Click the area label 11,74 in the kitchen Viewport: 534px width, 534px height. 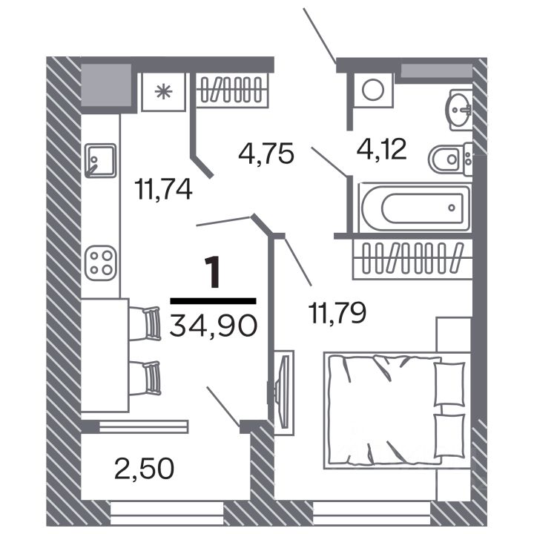click(x=164, y=189)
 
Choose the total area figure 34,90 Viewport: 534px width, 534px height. click(x=214, y=325)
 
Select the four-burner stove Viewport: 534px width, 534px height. click(x=99, y=263)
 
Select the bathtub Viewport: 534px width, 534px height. click(x=414, y=207)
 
